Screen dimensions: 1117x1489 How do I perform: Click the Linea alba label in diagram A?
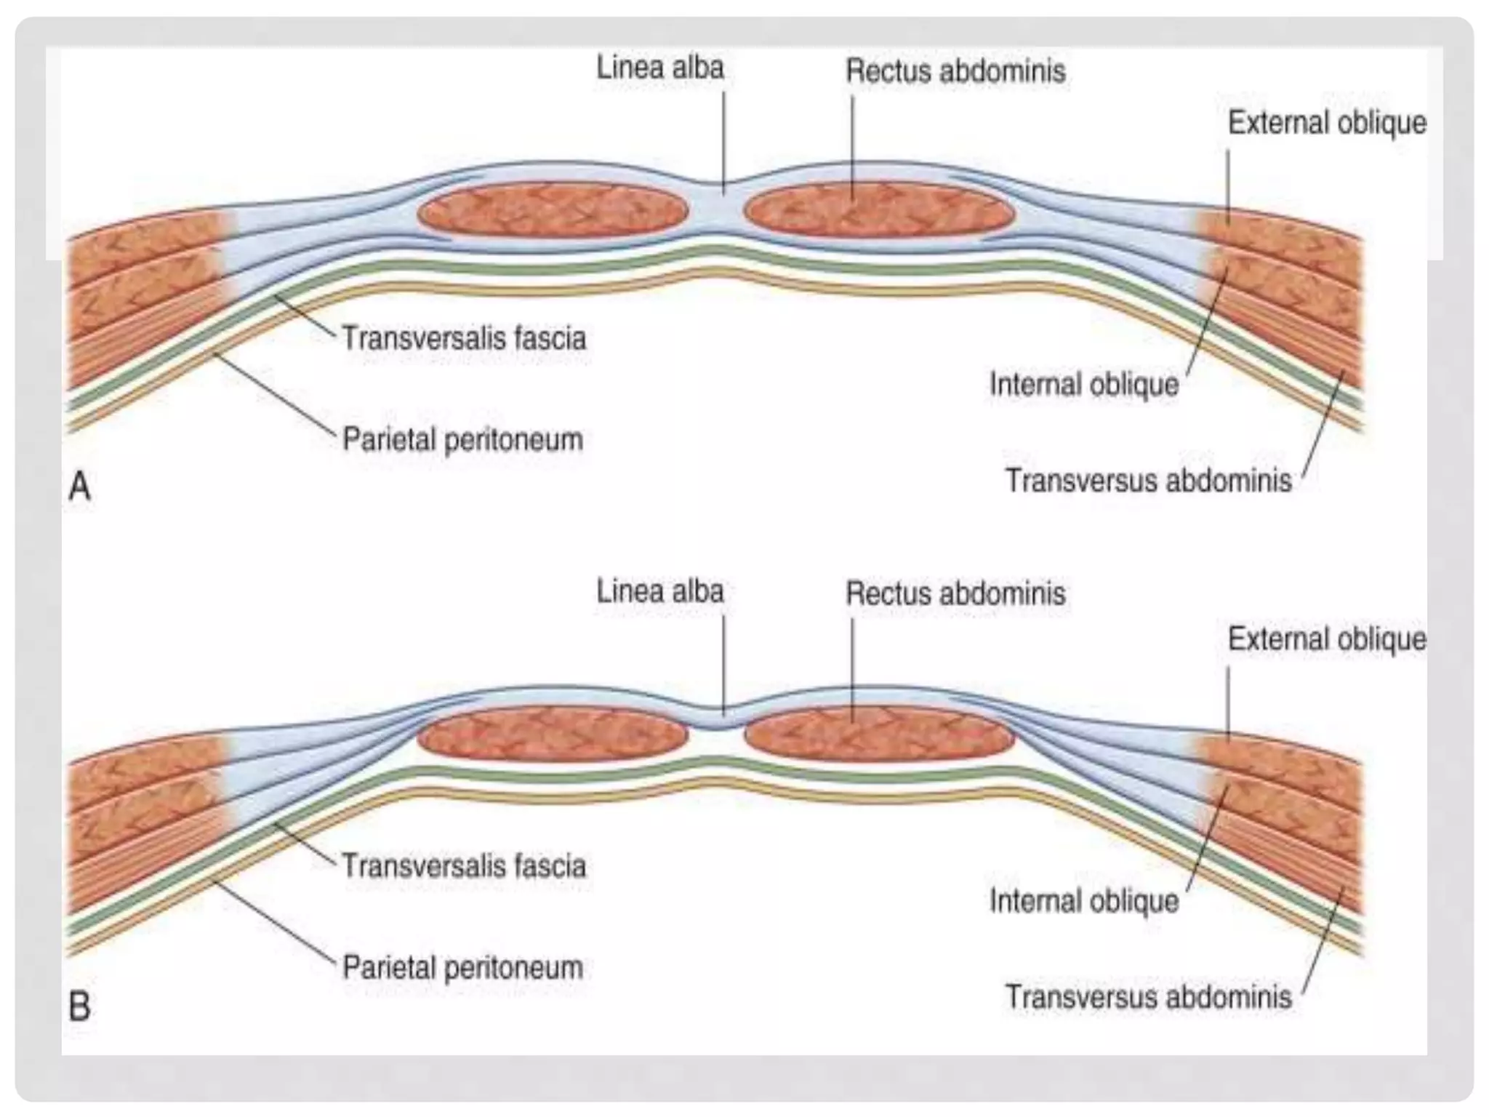point(660,68)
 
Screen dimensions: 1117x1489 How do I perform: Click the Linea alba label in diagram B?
point(660,591)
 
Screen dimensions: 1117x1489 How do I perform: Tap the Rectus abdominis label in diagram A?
point(955,71)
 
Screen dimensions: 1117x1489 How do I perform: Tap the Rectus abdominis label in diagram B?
point(955,594)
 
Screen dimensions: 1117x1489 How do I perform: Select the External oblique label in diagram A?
point(1327,123)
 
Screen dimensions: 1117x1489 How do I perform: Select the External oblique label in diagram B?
point(1327,639)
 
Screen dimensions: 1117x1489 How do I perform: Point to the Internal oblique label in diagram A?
point(1083,385)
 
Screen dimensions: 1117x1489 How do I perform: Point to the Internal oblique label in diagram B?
point(1083,901)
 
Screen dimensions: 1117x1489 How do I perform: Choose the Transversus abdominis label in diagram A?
point(1148,481)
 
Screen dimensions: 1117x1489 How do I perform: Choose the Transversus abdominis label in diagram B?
point(1148,997)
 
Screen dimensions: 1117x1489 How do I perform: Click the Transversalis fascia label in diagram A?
point(464,339)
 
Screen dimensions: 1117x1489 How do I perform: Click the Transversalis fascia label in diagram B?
point(464,867)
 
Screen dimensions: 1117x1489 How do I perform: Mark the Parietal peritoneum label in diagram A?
point(462,440)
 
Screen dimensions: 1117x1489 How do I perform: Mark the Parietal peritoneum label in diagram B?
point(462,968)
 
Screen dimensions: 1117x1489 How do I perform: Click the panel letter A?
point(79,486)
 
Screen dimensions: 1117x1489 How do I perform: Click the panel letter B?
point(79,1007)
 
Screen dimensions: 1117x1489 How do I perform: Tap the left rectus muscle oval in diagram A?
point(553,211)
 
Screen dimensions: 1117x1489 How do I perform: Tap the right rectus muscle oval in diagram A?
point(878,211)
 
